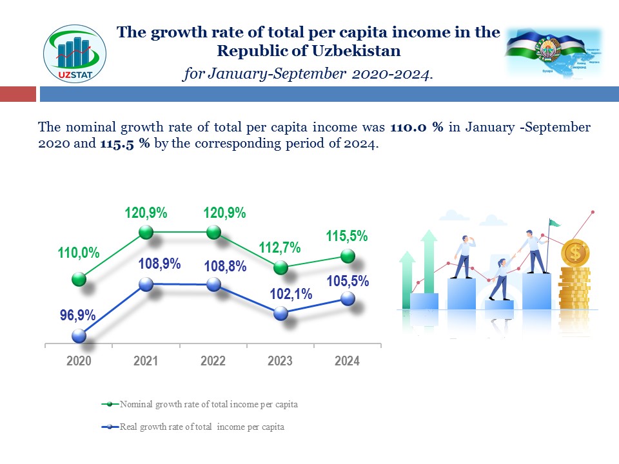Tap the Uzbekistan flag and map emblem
click(x=553, y=53)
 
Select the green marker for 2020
click(x=79, y=278)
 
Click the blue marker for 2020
click(x=79, y=336)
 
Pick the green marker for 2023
click(x=280, y=267)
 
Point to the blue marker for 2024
click(x=348, y=298)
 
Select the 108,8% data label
click(x=225, y=266)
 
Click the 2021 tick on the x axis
click(x=146, y=361)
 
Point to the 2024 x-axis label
click(x=347, y=361)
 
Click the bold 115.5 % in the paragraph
click(x=125, y=144)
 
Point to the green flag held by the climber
click(x=555, y=223)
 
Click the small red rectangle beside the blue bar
click(x=17, y=95)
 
